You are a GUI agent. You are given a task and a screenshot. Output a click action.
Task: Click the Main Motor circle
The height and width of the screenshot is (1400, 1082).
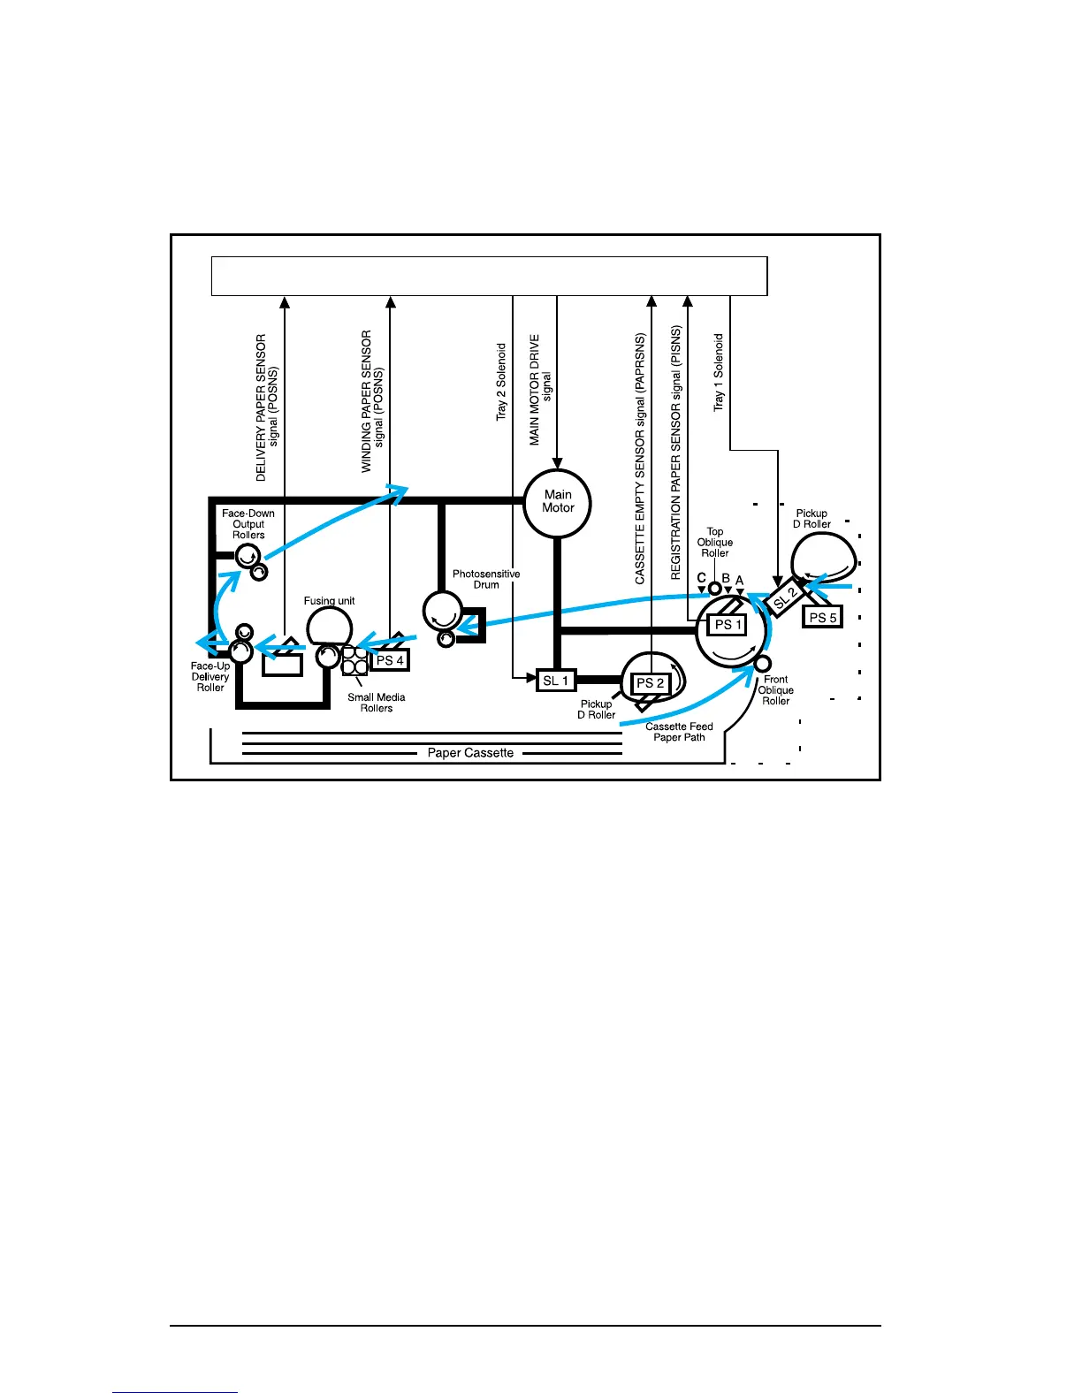point(557,503)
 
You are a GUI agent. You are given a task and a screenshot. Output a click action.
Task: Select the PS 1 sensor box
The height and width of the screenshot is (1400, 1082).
point(728,624)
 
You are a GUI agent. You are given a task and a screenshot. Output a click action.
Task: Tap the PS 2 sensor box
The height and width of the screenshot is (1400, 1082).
point(650,682)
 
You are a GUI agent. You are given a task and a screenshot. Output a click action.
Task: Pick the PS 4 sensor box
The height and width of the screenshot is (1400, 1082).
point(389,659)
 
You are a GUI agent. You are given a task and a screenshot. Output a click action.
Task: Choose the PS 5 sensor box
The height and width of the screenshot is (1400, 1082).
point(822,617)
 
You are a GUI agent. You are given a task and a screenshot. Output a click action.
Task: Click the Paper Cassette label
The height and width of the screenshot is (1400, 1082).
point(470,753)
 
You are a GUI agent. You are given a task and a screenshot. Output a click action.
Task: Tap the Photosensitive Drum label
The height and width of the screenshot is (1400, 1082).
point(486,579)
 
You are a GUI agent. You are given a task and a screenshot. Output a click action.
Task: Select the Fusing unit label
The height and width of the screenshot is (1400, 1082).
point(329,601)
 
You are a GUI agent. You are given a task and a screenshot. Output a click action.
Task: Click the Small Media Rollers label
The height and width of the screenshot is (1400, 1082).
point(377,703)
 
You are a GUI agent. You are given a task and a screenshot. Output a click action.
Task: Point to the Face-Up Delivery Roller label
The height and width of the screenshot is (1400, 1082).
point(210,677)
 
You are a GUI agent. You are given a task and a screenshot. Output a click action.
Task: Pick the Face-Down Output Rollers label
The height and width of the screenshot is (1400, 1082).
point(248,524)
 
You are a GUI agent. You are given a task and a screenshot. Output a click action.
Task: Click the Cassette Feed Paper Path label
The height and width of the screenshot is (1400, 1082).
point(679,732)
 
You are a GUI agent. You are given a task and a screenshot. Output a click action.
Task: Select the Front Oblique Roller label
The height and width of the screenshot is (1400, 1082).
point(775,690)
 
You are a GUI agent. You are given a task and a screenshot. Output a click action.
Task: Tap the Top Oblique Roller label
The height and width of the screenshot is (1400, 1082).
point(715,543)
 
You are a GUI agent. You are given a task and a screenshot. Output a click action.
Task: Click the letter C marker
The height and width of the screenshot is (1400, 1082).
point(701,579)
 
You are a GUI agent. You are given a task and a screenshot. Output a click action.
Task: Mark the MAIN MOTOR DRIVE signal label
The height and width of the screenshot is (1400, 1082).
point(540,390)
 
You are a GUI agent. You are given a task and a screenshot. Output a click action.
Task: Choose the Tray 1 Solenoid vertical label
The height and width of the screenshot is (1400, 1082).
point(719,372)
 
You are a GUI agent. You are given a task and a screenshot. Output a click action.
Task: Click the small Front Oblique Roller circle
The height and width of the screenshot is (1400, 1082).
point(762,664)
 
